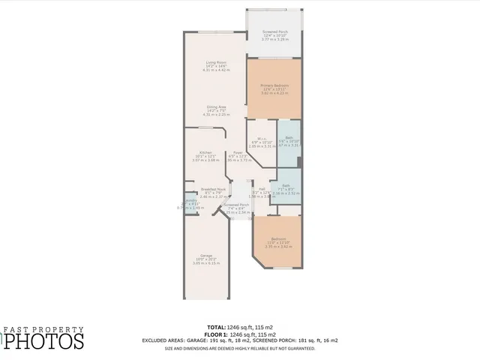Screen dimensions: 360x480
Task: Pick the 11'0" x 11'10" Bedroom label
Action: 278,242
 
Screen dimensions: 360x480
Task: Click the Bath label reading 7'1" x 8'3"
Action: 286,189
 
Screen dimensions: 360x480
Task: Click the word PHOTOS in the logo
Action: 45,341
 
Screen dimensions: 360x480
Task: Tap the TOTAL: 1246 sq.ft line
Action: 239,327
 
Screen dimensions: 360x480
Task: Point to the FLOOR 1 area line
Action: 239,333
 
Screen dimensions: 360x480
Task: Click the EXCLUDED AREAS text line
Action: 239,340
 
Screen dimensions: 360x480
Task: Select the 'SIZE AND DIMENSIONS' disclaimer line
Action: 239,348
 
